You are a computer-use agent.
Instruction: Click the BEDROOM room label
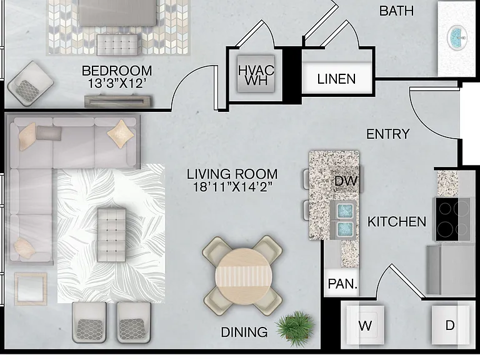[x=117, y=71]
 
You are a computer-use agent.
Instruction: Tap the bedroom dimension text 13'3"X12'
[x=116, y=83]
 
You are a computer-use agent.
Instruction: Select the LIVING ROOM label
[x=232, y=174]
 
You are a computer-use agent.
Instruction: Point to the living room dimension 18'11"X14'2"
[x=232, y=186]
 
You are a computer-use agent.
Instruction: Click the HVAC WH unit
[x=256, y=74]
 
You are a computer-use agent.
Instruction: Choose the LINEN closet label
[x=336, y=79]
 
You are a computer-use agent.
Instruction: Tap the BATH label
[x=396, y=11]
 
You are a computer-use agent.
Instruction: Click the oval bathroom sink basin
[x=457, y=37]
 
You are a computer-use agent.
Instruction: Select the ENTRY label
[x=388, y=134]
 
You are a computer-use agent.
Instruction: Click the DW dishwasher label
[x=346, y=181]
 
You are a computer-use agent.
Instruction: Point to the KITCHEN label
[x=397, y=222]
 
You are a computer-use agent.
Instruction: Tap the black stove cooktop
[x=452, y=219]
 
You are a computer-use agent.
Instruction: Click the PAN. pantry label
[x=342, y=284]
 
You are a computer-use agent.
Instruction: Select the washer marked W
[x=365, y=325]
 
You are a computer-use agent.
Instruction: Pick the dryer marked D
[x=450, y=325]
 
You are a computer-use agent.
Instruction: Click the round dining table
[x=243, y=276]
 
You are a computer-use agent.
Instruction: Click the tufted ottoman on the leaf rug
[x=112, y=235]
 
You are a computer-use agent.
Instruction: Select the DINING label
[x=244, y=332]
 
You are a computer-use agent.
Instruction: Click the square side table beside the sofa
[x=31, y=289]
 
